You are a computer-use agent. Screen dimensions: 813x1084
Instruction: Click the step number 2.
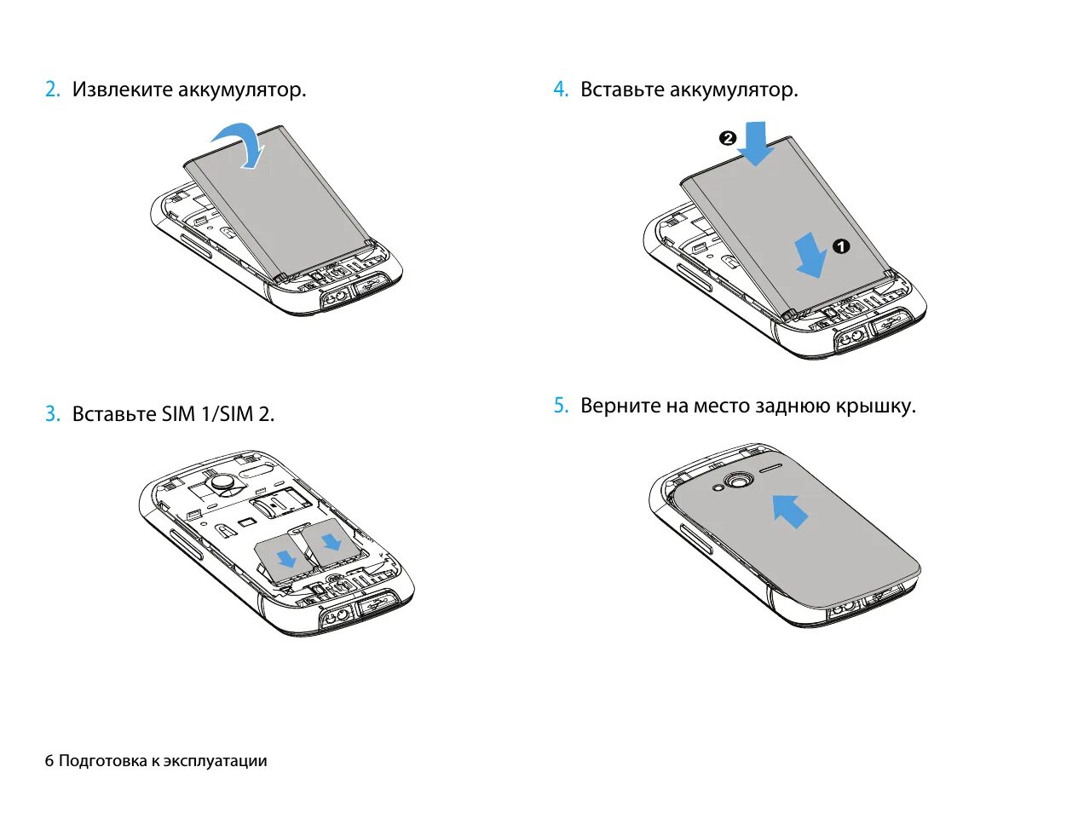[52, 89]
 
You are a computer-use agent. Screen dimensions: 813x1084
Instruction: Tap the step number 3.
[52, 414]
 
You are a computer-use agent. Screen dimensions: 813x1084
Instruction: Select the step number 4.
[560, 89]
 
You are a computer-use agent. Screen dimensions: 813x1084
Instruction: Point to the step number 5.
[560, 406]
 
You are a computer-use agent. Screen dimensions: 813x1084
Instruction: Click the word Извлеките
[123, 89]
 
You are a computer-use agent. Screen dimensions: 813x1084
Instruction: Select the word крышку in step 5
[880, 406]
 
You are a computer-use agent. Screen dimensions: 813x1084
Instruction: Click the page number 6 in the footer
[49, 761]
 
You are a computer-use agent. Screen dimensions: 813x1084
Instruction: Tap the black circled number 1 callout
[840, 247]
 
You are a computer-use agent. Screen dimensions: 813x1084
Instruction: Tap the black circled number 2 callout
[727, 138]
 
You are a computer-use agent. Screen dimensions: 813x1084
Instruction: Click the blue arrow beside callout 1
[810, 257]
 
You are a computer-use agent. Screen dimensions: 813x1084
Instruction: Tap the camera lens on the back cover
[739, 481]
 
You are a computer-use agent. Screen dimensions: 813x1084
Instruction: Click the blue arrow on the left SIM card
[286, 558]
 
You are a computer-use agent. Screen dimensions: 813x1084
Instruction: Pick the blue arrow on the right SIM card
[331, 540]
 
